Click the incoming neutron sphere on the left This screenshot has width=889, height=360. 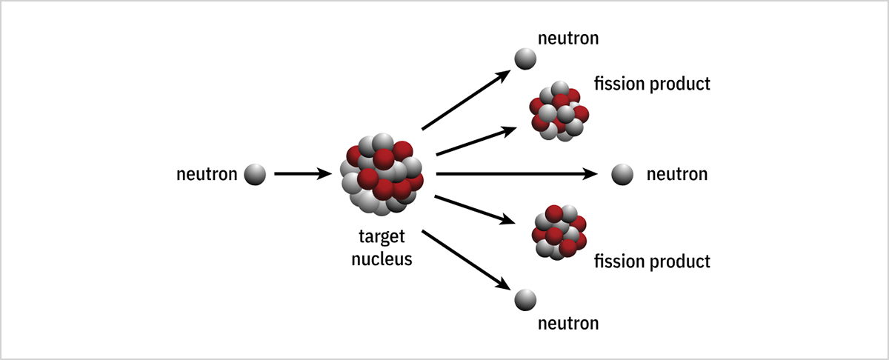254,175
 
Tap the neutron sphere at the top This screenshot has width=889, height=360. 525,59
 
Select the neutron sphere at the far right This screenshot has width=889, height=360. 622,175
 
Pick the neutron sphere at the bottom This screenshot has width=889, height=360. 525,299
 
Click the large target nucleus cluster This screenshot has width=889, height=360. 381,175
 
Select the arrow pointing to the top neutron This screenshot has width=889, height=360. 467,100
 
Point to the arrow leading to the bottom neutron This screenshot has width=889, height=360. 467,260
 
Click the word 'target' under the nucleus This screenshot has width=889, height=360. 381,239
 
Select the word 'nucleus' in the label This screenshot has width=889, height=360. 381,260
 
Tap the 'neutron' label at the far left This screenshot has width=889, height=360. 207,175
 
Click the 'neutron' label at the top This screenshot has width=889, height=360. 568,37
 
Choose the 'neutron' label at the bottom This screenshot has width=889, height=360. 568,323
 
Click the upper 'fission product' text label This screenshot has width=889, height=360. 652,83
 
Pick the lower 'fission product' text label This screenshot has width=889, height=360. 652,261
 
